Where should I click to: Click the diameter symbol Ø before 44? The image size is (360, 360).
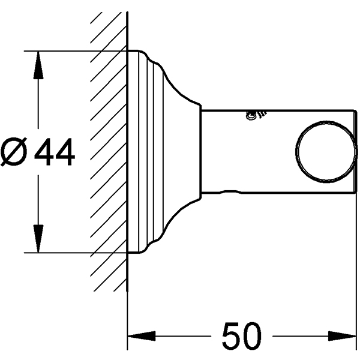(14, 152)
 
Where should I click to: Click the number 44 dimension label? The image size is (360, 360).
(55, 152)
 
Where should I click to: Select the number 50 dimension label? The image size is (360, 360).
(242, 335)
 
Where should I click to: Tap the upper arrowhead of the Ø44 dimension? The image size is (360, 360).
(38, 65)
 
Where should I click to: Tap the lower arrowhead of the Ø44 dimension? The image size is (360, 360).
(38, 238)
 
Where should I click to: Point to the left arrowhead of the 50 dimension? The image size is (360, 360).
(142, 336)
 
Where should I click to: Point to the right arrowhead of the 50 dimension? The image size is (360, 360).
(342, 336)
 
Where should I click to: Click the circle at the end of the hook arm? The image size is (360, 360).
(296, 152)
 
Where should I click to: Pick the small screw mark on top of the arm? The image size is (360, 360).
(255, 115)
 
